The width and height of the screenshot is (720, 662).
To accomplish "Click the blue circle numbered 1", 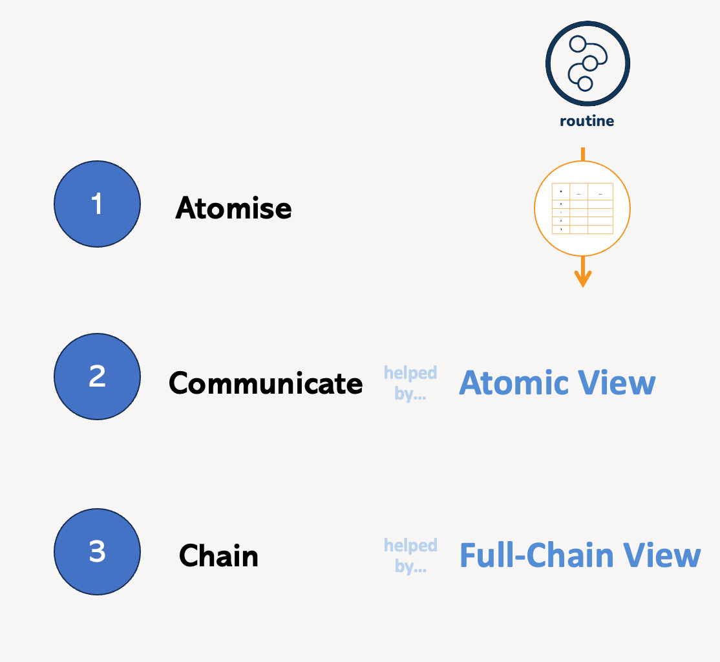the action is [x=97, y=204].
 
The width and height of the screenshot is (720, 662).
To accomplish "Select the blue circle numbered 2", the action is [x=97, y=376].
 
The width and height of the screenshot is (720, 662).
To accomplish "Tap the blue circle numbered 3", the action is [x=97, y=552].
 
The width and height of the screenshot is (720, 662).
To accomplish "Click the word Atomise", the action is [x=233, y=208].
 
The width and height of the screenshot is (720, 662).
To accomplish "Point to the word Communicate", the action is [x=266, y=383].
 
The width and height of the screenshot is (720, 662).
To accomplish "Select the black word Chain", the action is [x=218, y=556].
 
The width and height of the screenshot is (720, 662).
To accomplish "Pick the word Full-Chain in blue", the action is [x=536, y=555].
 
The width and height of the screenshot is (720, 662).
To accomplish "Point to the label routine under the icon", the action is [x=587, y=121].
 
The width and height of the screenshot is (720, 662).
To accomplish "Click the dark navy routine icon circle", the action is [x=588, y=63].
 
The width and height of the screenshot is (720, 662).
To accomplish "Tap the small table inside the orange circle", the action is [x=582, y=209].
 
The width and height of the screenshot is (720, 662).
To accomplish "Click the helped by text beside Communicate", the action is [x=410, y=383].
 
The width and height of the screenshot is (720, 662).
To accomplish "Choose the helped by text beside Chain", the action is [x=410, y=555].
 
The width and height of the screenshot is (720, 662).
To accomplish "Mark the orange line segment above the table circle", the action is [x=583, y=154].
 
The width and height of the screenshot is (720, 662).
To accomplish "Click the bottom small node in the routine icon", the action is [x=585, y=83].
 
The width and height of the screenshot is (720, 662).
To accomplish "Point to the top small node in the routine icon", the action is [x=577, y=44].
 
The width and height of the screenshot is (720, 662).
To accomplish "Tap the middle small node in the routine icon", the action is [x=590, y=63].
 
